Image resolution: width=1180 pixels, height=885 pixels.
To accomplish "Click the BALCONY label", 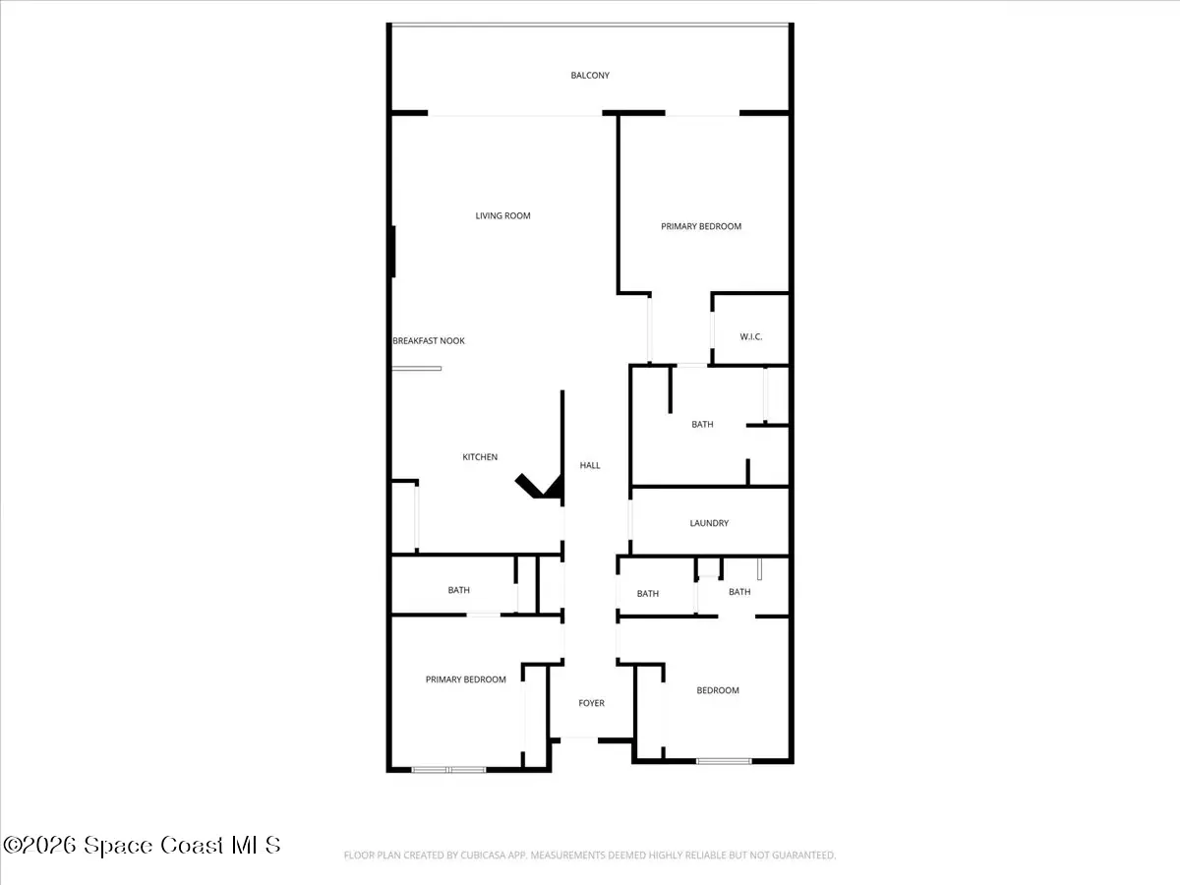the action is click(x=590, y=76).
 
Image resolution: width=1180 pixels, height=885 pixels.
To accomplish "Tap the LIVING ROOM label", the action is click(x=502, y=215).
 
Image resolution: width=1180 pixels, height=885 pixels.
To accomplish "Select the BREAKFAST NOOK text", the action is click(x=429, y=340).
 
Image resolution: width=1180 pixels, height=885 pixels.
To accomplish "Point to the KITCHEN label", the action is click(x=480, y=456).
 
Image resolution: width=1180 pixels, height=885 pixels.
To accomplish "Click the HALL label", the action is click(x=590, y=465).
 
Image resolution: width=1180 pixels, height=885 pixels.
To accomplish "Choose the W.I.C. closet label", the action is click(x=750, y=337).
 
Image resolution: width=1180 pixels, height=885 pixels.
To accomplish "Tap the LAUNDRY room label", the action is click(x=709, y=523).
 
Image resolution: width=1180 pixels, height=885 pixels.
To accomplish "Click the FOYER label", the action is click(x=591, y=703).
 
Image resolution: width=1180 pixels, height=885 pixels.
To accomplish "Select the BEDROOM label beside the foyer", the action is click(x=718, y=690).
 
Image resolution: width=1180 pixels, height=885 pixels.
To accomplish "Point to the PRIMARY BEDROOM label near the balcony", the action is click(x=701, y=226).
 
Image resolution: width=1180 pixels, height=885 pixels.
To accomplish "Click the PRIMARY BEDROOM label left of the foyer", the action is click(x=465, y=679).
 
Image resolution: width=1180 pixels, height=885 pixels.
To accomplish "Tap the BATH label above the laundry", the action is click(x=702, y=424).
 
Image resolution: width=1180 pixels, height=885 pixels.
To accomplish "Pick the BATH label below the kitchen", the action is click(x=458, y=590).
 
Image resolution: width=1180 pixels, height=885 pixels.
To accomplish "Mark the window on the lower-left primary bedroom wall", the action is click(x=448, y=770).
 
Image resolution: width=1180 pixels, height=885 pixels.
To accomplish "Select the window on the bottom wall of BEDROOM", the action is click(x=724, y=761).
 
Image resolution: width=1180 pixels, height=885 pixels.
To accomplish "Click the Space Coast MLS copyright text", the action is click(x=142, y=845).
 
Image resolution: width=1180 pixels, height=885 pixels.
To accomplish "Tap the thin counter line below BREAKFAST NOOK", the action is click(x=417, y=369).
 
